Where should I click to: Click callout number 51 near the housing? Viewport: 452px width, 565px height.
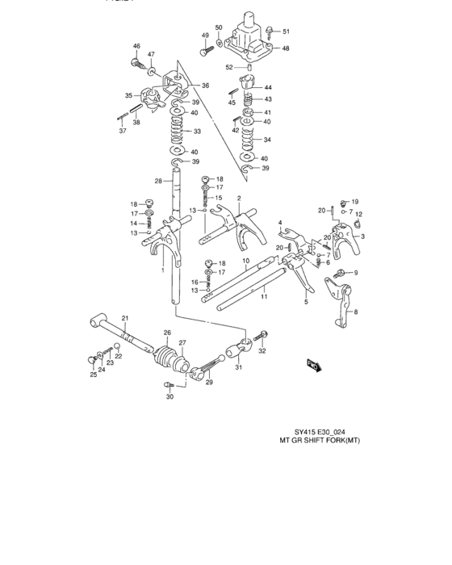[x=285, y=31]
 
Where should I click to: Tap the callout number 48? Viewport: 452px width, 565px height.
[x=285, y=48]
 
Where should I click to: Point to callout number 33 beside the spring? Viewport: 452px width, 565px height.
[x=197, y=132]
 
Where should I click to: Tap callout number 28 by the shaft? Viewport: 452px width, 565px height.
[x=159, y=181]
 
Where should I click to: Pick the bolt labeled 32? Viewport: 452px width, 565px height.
[x=262, y=333]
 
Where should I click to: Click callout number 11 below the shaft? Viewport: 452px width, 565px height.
[x=264, y=298]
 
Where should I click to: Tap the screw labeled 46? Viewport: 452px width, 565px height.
[x=136, y=61]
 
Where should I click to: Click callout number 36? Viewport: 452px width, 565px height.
[x=205, y=86]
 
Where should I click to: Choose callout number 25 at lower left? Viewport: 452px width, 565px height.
[x=93, y=374]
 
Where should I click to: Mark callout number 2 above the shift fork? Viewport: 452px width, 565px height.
[x=239, y=198]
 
